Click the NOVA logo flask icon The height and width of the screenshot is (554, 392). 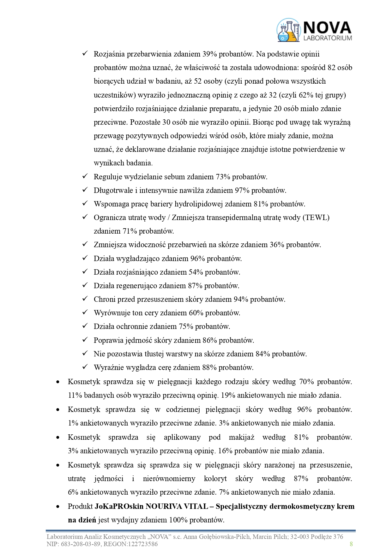(x=288, y=30)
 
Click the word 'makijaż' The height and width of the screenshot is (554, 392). (x=242, y=437)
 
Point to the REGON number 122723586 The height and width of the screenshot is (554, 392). (x=142, y=544)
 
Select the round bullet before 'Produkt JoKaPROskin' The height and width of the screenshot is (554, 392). (x=57, y=507)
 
